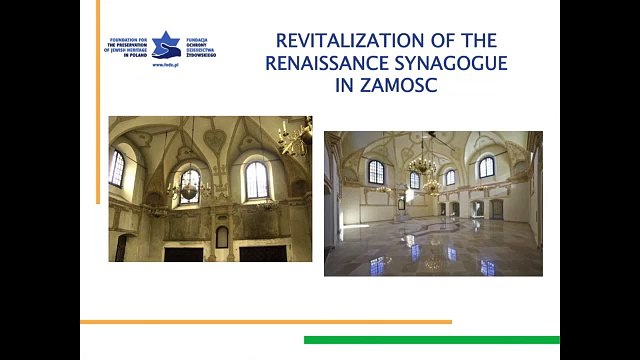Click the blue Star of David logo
coord(166,44)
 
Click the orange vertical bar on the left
coord(98,100)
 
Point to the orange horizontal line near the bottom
coord(265,322)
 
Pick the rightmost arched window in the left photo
coord(257,180)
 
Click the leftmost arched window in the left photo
coord(118,168)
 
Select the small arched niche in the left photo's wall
coord(222,237)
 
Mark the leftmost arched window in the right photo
coord(376,171)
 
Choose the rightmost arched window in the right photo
coord(486,167)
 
